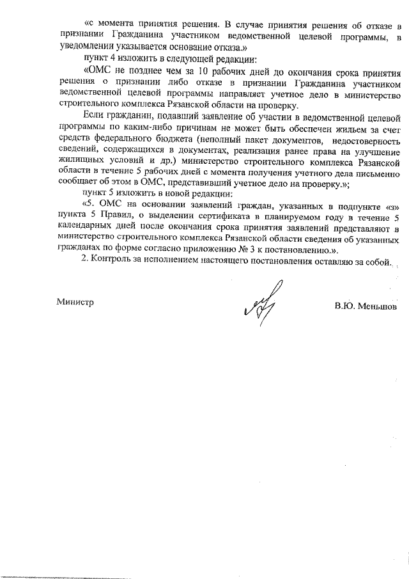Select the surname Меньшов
(374, 306)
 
